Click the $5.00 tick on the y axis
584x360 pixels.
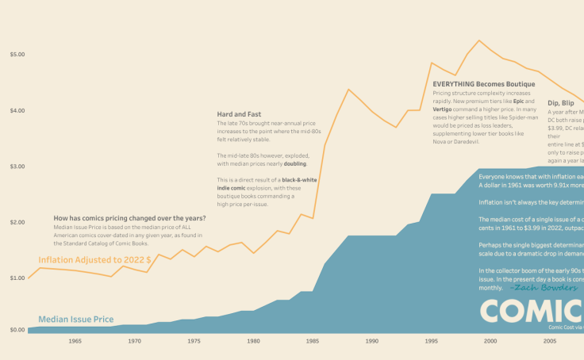pos(17,55)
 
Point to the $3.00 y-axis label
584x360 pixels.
pos(17,167)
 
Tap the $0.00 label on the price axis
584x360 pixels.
pos(17,329)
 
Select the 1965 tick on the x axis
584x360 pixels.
pos(75,341)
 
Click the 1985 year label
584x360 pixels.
pos(313,341)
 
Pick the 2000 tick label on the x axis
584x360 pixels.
pos(490,341)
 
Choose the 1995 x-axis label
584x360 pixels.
pos(431,341)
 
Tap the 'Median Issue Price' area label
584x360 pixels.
pos(75,320)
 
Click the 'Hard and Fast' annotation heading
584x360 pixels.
pos(239,114)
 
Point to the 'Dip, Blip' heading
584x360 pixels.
pos(561,103)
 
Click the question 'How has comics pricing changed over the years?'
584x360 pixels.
pos(129,218)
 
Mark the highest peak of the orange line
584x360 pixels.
pos(479,40)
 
